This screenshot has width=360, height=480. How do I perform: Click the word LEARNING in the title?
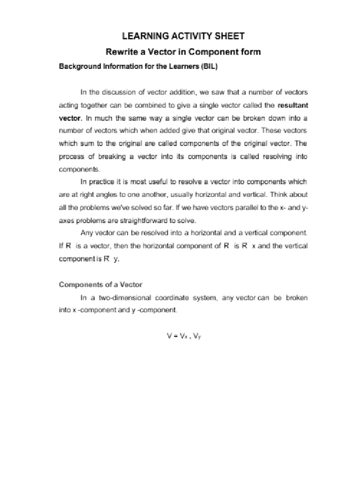tap(143, 36)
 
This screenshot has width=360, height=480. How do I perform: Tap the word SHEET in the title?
tap(229, 36)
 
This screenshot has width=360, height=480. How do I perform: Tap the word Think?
tap(278, 194)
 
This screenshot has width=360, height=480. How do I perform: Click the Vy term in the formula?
tap(198, 336)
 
